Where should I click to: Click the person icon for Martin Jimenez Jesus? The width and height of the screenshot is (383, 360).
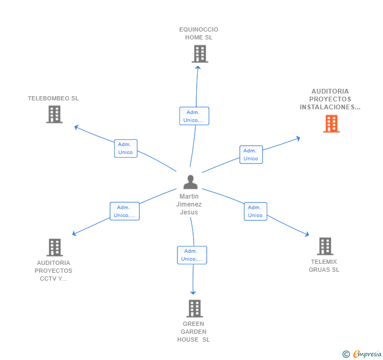click(190, 182)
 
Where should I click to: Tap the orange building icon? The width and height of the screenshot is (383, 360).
click(331, 124)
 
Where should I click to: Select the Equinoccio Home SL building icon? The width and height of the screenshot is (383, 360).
click(199, 54)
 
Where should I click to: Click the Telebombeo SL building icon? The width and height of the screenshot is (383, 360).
click(54, 114)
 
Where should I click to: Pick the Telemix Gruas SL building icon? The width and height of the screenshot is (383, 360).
click(325, 246)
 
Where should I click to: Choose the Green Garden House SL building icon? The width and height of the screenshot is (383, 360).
click(195, 308)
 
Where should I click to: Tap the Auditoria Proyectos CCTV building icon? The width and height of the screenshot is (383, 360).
click(54, 247)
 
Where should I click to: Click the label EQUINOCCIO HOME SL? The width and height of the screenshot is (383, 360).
click(198, 34)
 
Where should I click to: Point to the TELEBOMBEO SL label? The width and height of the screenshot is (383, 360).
click(53, 98)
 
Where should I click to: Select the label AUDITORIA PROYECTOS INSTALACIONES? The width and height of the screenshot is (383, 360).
click(330, 99)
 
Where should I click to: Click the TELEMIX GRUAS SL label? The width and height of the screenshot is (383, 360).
click(324, 266)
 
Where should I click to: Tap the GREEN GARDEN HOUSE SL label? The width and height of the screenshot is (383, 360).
click(194, 332)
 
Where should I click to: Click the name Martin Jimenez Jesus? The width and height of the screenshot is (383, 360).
click(189, 204)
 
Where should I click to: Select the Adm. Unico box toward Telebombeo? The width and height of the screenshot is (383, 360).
click(126, 148)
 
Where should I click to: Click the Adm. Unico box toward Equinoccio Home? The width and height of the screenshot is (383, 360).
click(194, 116)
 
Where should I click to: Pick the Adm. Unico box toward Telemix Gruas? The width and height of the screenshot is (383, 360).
click(255, 211)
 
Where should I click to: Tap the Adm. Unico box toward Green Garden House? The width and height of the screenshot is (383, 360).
click(192, 255)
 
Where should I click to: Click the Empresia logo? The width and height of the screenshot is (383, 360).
click(362, 354)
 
